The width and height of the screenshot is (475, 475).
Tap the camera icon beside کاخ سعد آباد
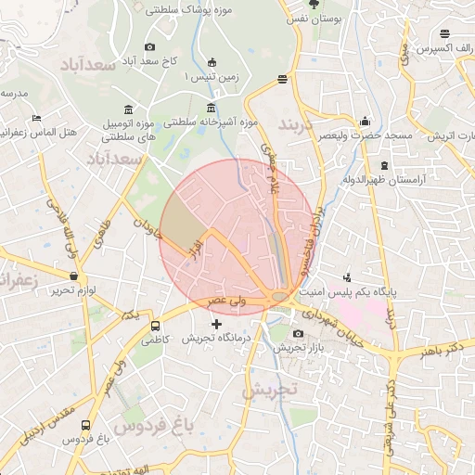pyautogui.click(x=150, y=46)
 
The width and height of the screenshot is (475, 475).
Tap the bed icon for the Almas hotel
pyautogui.click(x=36, y=118)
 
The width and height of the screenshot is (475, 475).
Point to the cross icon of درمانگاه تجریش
pyautogui.click(x=217, y=325)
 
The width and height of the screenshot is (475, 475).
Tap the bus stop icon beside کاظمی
pyautogui.click(x=155, y=327)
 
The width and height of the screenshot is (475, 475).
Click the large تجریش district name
pyautogui.click(x=269, y=391)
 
